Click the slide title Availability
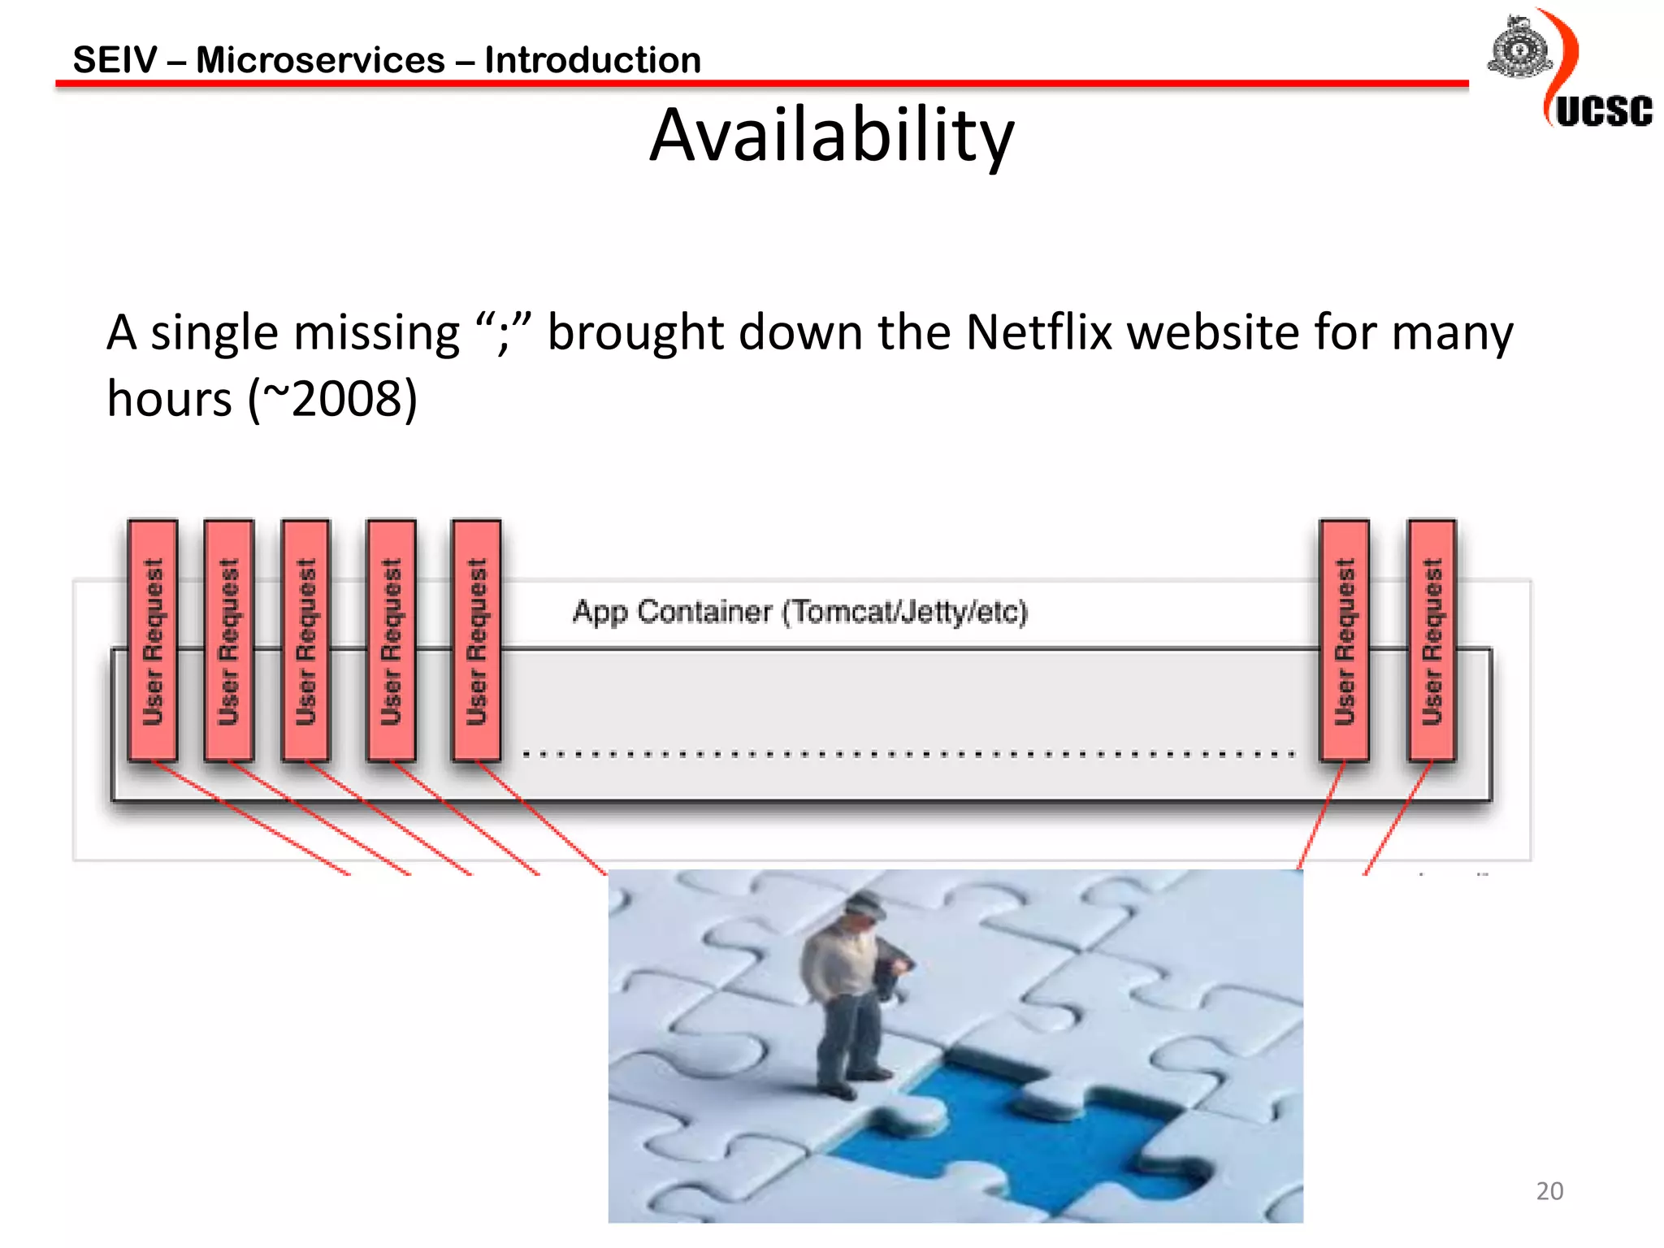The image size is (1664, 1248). [831, 136]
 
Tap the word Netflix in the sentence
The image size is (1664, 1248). [1038, 332]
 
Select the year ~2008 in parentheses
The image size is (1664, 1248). [332, 399]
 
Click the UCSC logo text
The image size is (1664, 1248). [1604, 111]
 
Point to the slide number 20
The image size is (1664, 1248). [1549, 1191]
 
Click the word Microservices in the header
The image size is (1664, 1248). [320, 60]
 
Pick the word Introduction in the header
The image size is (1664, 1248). [592, 60]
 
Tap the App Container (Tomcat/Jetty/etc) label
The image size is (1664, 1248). [800, 611]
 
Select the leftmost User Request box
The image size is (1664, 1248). [153, 640]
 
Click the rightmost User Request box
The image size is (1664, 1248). [1432, 640]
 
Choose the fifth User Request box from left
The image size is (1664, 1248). [476, 640]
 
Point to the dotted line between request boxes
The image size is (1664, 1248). [908, 754]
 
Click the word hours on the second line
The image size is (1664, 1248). [170, 399]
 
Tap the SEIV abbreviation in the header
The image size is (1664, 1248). [115, 60]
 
